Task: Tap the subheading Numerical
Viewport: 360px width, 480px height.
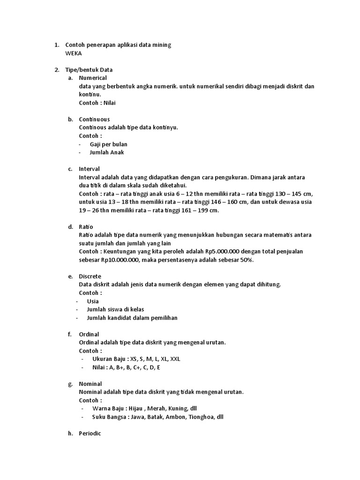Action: coord(93,78)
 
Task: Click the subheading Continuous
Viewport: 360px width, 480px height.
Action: coord(94,119)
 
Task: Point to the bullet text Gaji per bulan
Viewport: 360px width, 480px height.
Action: coord(108,144)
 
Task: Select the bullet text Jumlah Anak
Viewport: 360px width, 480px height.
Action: coord(107,152)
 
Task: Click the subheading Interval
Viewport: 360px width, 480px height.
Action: coord(89,169)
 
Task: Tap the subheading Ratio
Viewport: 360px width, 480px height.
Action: coord(86,226)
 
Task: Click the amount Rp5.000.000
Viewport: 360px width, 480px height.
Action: coord(231,251)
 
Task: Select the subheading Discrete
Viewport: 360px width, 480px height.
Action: coord(90,276)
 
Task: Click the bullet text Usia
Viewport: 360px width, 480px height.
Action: coord(93,301)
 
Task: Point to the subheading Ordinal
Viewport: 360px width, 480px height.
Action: coord(89,334)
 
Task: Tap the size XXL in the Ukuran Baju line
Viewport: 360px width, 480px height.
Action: coord(174,359)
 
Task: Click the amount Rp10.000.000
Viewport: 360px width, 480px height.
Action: coord(120,260)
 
